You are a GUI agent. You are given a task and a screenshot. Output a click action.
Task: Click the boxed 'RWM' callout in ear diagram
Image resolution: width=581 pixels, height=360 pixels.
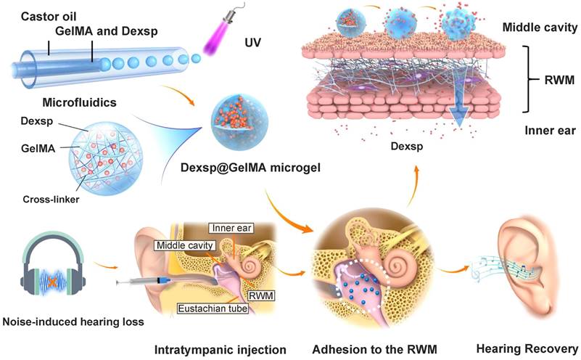coord(256,295)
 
